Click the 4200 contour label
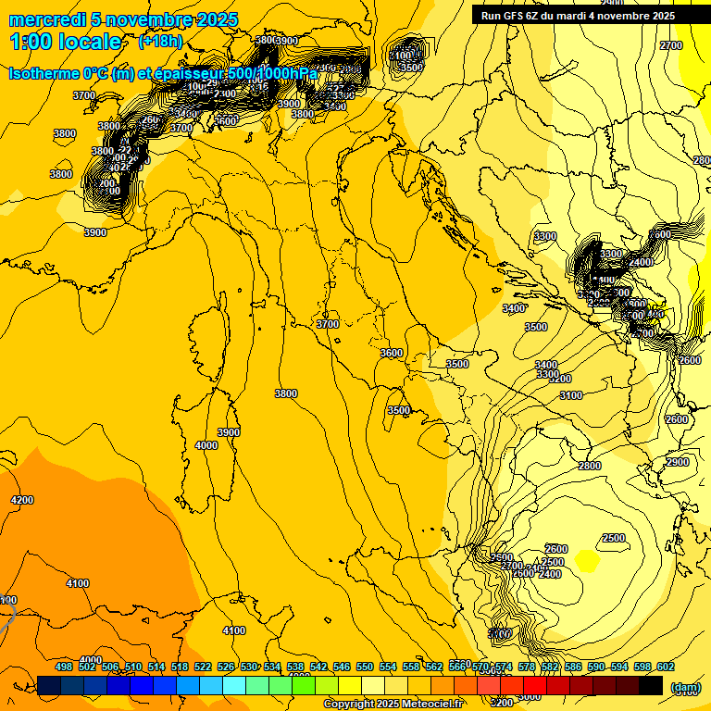click(x=22, y=500)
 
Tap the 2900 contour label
click(x=678, y=462)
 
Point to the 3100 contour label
click(x=570, y=395)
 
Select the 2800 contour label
click(x=589, y=466)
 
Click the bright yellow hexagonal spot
click(x=586, y=559)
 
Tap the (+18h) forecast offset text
click(x=160, y=42)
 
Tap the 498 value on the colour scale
click(x=64, y=667)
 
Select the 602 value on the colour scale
click(x=666, y=667)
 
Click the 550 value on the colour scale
click(x=365, y=667)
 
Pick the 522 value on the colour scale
click(x=203, y=667)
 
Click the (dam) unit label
click(x=685, y=687)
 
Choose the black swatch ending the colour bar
click(x=651, y=685)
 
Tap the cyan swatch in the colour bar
click(x=234, y=685)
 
